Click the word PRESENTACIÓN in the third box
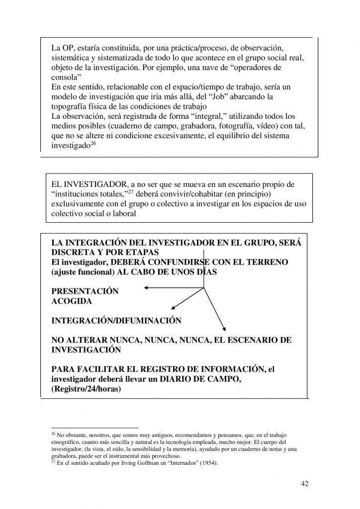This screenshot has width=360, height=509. [x=85, y=292]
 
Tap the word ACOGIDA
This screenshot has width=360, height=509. [x=72, y=301]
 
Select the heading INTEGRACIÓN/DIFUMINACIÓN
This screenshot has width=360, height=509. [x=116, y=321]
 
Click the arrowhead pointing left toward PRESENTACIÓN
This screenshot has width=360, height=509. [x=146, y=287]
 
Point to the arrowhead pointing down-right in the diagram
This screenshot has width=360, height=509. [x=225, y=329]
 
